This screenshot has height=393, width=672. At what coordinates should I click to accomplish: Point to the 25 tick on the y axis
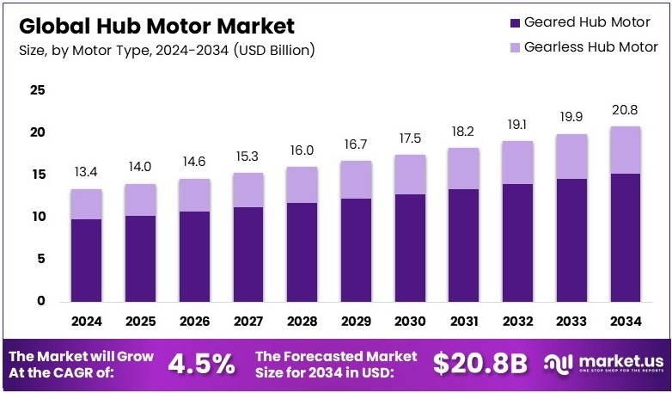point(37,89)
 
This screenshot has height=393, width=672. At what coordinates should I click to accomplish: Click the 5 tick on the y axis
point(40,259)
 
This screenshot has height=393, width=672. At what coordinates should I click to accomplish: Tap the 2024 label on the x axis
point(86,322)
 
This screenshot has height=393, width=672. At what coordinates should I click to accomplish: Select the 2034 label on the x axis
point(626,322)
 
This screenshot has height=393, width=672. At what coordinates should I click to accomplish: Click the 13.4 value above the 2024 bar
point(86,172)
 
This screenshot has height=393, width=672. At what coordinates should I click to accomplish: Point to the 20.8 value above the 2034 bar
point(626,110)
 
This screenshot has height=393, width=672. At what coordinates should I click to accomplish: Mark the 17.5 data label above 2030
point(410,138)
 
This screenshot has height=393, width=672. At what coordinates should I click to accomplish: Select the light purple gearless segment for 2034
point(626,150)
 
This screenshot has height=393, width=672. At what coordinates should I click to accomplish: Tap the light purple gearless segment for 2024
point(86,204)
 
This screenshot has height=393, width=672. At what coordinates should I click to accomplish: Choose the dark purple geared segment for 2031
point(464,245)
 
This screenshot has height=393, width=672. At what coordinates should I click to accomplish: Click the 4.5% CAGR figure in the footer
point(201,364)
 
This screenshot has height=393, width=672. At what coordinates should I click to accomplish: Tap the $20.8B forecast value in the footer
point(480,364)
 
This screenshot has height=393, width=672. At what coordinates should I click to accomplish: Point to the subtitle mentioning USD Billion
point(167,50)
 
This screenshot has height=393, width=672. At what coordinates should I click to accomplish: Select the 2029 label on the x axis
point(356,322)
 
